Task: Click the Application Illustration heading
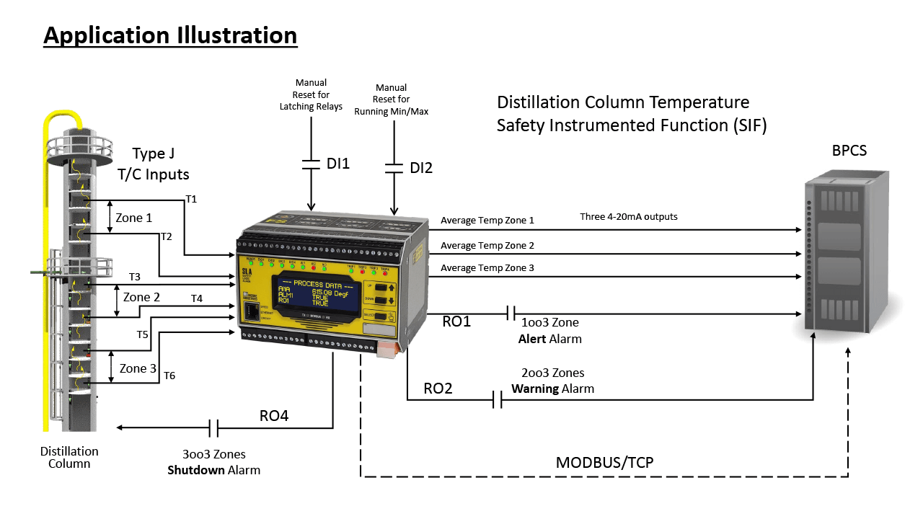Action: click(x=170, y=35)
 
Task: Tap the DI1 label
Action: click(x=337, y=164)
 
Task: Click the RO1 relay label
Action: click(x=456, y=321)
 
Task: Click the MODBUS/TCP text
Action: click(x=604, y=462)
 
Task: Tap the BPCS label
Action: click(x=848, y=151)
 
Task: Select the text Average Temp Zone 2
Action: click(x=487, y=246)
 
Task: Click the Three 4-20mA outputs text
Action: click(x=629, y=216)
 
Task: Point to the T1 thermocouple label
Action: click(x=191, y=198)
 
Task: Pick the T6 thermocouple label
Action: click(x=169, y=375)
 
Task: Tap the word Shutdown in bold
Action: click(x=193, y=469)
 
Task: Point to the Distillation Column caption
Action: click(x=69, y=457)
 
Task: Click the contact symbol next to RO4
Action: click(x=214, y=428)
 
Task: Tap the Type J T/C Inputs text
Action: click(x=153, y=163)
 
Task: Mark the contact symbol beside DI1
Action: click(x=311, y=164)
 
